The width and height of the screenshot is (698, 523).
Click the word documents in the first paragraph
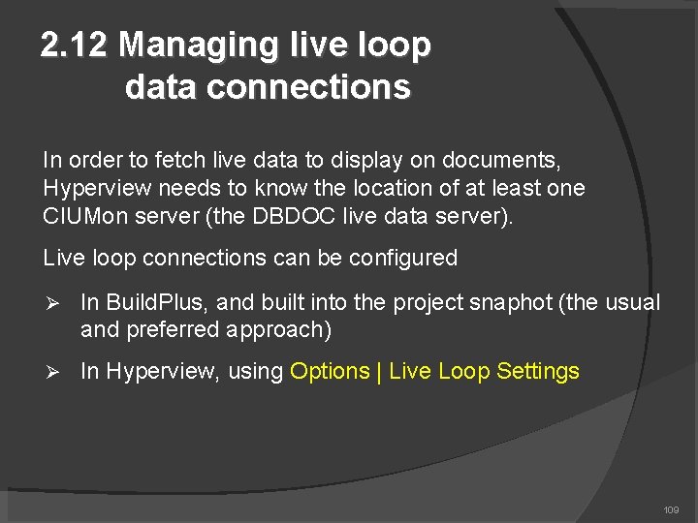click(x=503, y=159)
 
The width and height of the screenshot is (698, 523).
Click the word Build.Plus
click(x=149, y=302)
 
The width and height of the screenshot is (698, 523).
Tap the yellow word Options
click(x=330, y=371)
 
